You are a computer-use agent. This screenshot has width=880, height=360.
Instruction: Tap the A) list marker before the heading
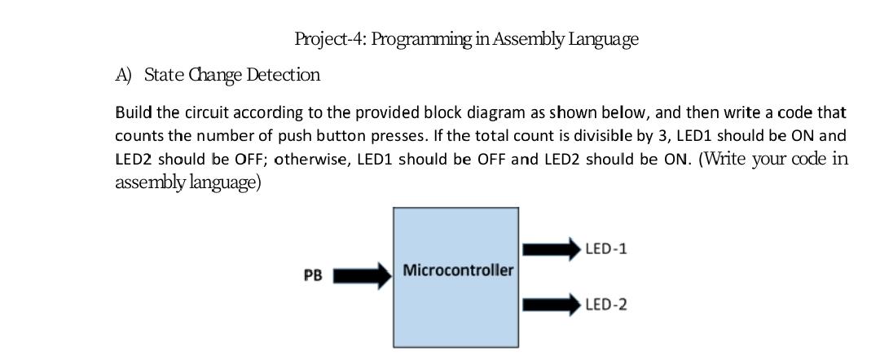[124, 76]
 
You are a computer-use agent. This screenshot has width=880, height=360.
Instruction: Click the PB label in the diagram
[313, 276]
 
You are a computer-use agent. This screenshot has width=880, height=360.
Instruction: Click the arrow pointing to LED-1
[550, 248]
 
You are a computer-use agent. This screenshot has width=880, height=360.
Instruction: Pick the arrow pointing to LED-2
[550, 305]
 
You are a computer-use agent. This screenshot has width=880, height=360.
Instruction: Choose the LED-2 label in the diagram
[605, 305]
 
